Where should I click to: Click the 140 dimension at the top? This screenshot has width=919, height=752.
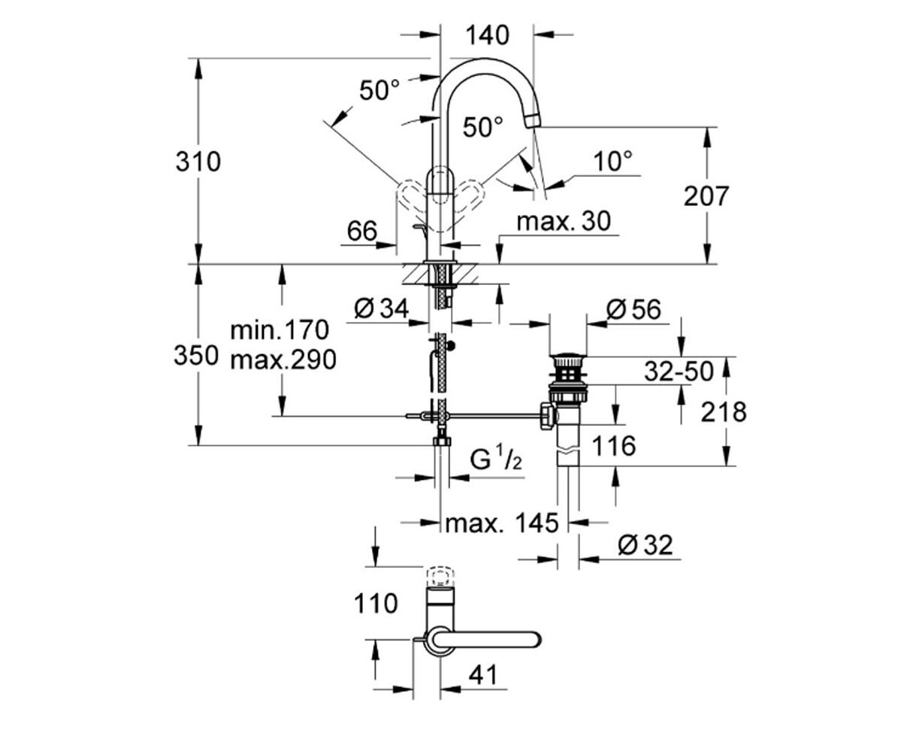(x=487, y=35)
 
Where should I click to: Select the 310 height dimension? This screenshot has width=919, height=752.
(x=198, y=161)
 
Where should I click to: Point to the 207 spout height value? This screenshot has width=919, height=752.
(x=706, y=196)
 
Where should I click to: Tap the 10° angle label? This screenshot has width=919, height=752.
(x=612, y=160)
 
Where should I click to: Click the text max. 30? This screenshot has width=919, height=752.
(x=564, y=221)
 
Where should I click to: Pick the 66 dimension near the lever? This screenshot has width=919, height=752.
(x=361, y=231)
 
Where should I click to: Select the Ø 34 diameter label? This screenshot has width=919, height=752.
(x=380, y=308)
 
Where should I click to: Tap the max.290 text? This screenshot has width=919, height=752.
(x=283, y=360)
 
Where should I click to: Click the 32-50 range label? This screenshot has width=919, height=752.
(x=679, y=370)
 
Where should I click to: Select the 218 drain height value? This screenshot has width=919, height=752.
(x=724, y=411)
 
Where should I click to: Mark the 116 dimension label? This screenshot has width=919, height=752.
(x=613, y=446)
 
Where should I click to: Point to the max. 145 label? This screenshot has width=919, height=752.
(x=502, y=522)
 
